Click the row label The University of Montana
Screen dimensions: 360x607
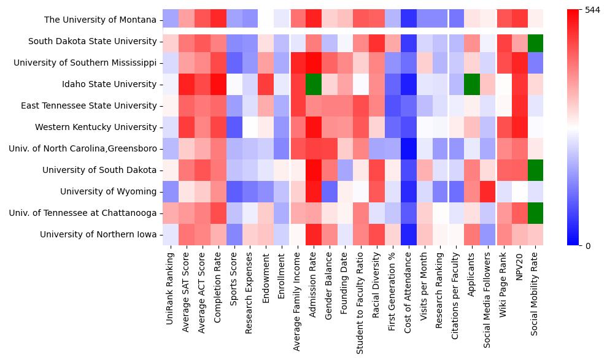click(100, 20)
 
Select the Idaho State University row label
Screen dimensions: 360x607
click(114, 85)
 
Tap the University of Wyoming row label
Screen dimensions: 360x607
click(108, 192)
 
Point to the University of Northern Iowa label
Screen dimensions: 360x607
click(98, 235)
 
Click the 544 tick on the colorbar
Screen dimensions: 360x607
click(593, 10)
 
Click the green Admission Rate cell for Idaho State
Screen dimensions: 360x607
click(314, 85)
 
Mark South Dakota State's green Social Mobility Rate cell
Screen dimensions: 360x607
click(536, 42)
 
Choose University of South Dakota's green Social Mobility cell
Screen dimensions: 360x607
click(536, 170)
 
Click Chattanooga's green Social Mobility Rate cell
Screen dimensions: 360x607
click(536, 213)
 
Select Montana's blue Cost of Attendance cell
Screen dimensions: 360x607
click(409, 20)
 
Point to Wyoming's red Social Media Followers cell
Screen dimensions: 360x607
click(488, 192)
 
